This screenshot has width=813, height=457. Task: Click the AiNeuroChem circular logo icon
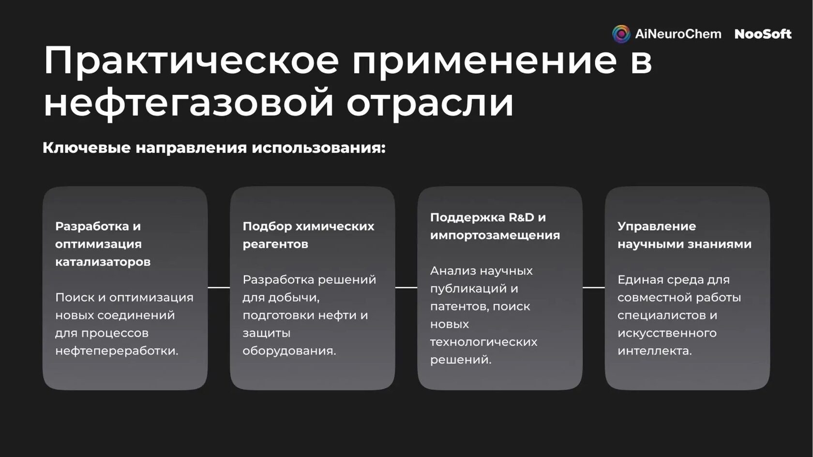[x=621, y=34]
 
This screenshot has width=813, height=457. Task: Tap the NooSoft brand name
[x=763, y=34]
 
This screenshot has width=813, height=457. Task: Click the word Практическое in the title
[x=191, y=61]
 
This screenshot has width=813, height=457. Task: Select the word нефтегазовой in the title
[x=188, y=102]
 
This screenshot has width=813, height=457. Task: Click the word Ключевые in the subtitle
[x=86, y=148]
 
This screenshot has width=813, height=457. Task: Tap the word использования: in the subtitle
[x=318, y=148]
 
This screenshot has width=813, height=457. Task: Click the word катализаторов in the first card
[x=103, y=262]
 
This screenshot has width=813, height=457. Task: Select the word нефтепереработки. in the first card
[x=117, y=351]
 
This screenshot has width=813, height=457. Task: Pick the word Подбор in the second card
[x=267, y=226]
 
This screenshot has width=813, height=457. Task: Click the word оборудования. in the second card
[x=289, y=351]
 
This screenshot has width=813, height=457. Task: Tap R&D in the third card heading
[x=521, y=217]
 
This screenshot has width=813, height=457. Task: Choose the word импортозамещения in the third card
[x=495, y=235]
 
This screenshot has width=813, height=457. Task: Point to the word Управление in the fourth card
[x=657, y=226]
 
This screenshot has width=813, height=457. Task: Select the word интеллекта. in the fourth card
[x=655, y=351]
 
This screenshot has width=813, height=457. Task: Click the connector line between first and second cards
[x=219, y=288]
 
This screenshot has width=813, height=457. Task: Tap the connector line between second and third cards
[x=406, y=288]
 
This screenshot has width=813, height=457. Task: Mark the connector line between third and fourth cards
[x=594, y=288]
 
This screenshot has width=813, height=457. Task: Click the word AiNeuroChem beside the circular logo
[x=678, y=34]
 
